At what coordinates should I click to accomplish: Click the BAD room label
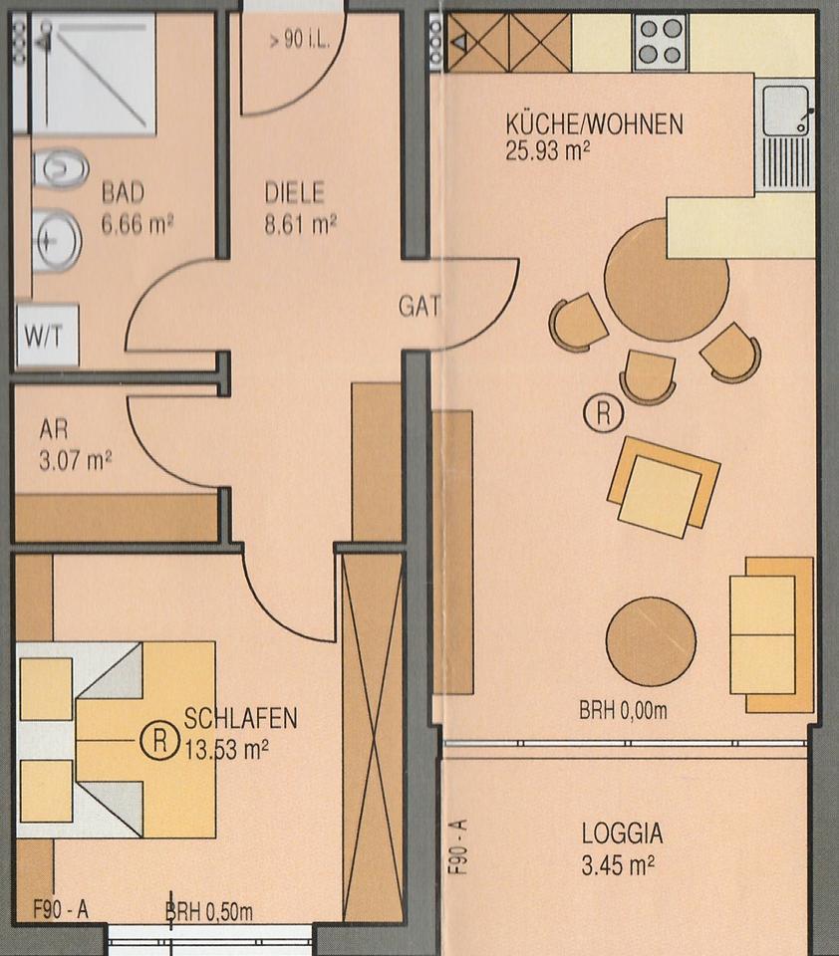pyautogui.click(x=124, y=192)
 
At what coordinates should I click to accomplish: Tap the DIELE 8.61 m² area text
pyautogui.click(x=300, y=224)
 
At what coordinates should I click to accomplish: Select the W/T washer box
pyautogui.click(x=48, y=335)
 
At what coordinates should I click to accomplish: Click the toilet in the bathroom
pyautogui.click(x=61, y=168)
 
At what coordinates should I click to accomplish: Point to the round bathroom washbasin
pyautogui.click(x=57, y=241)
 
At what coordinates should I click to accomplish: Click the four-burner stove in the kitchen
pyautogui.click(x=661, y=42)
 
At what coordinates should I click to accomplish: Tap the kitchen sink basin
pyautogui.click(x=786, y=111)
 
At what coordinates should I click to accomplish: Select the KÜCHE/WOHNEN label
pyautogui.click(x=594, y=124)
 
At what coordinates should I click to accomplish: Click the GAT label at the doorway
pyautogui.click(x=419, y=306)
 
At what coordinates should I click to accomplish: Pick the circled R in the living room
pyautogui.click(x=604, y=413)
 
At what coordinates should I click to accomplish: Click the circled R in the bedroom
pyautogui.click(x=159, y=740)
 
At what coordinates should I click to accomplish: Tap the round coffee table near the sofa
pyautogui.click(x=651, y=641)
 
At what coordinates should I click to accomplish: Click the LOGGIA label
pyautogui.click(x=622, y=834)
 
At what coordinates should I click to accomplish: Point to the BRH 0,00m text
pyautogui.click(x=623, y=710)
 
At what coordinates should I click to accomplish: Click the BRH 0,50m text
pyautogui.click(x=209, y=912)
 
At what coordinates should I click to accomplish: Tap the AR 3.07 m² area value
pyautogui.click(x=76, y=461)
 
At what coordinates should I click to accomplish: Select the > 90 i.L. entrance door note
pyautogui.click(x=299, y=40)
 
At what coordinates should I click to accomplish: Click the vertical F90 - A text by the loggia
pyautogui.click(x=458, y=847)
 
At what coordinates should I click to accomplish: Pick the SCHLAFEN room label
pyautogui.click(x=240, y=719)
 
